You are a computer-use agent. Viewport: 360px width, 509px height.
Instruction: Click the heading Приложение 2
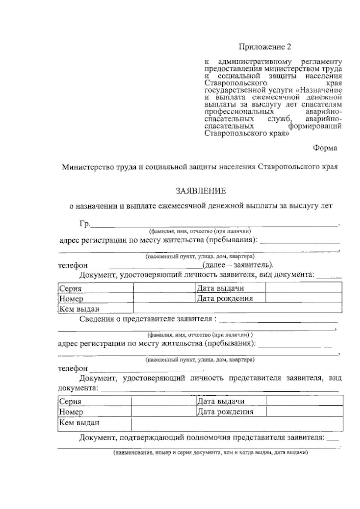click(x=265, y=47)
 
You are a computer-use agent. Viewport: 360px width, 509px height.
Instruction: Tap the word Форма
click(x=325, y=148)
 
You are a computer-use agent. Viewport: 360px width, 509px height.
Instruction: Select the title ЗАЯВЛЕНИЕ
click(x=201, y=191)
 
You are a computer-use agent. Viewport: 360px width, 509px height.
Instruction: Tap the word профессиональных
click(x=239, y=112)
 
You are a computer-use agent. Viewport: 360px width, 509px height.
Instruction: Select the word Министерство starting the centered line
click(x=84, y=167)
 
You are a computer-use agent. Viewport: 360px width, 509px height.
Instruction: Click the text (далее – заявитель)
click(x=238, y=265)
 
